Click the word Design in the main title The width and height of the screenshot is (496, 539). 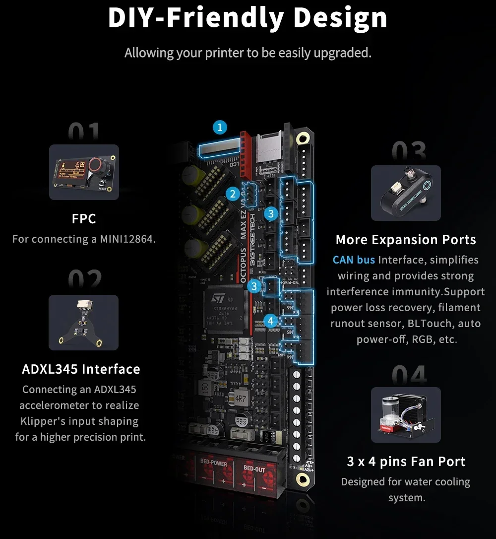point(340,18)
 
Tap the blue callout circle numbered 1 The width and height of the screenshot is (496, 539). point(220,128)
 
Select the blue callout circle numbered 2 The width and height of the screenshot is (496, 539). point(233,194)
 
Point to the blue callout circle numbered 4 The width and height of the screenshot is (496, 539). point(270,321)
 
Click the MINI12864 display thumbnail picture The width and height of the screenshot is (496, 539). point(84,172)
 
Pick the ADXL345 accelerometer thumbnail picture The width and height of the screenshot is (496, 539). point(83,323)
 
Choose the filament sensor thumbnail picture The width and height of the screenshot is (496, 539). point(406,193)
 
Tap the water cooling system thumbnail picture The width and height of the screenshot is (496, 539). point(406,415)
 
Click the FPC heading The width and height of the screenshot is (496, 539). point(84,218)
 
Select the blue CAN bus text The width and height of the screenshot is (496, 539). point(354,260)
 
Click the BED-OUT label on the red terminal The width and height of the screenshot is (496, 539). point(254,470)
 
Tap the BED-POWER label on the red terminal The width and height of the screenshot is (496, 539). point(214,464)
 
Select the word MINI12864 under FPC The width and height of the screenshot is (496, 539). point(126,239)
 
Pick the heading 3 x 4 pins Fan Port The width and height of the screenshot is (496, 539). point(406,462)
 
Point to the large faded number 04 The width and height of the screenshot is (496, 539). point(409,376)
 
